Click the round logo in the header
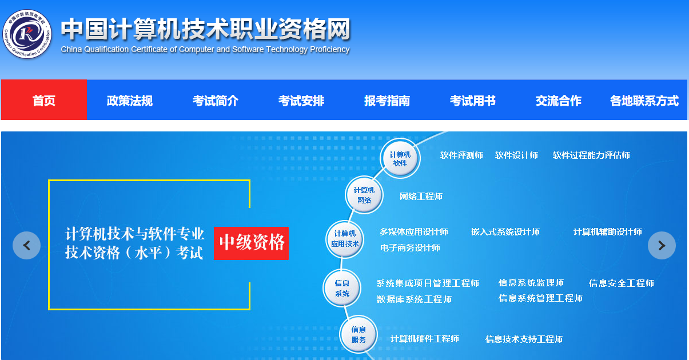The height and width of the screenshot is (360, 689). tap(27, 34)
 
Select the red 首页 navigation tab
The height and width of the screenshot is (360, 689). tap(44, 99)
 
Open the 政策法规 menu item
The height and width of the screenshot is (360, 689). tap(129, 101)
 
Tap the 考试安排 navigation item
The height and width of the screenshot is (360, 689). tap(301, 101)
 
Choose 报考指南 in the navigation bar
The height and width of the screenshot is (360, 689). tap(387, 101)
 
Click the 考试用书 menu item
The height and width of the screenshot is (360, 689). tap(473, 101)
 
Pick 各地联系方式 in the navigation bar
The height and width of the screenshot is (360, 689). tap(644, 101)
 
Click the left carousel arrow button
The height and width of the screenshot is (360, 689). tap(26, 245)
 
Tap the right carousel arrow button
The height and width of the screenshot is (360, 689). tap(662, 245)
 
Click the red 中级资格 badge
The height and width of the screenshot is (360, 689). tap(252, 243)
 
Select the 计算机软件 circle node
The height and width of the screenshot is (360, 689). tap(400, 158)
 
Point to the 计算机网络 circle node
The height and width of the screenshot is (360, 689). tap(364, 195)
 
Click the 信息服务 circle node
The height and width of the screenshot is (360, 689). tap(359, 334)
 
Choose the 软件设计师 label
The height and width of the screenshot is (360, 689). tap(516, 155)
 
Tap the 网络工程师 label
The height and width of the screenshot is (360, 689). tap(421, 197)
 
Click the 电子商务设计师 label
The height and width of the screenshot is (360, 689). tap(410, 248)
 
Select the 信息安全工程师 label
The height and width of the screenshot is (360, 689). tap(622, 283)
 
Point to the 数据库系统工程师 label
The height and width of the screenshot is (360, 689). tap(414, 299)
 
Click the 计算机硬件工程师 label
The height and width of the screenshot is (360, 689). tap(425, 339)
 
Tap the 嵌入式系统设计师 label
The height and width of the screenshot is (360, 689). tap(505, 232)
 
